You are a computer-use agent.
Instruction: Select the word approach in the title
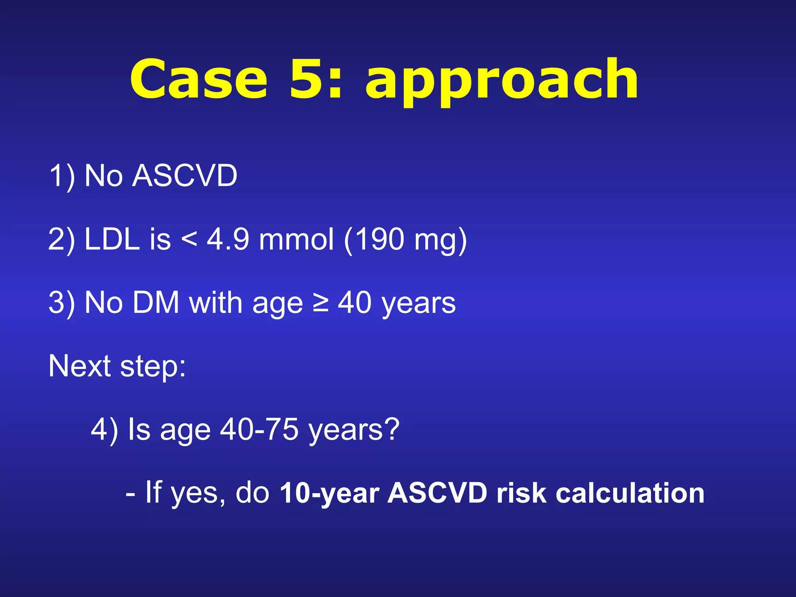point(501,82)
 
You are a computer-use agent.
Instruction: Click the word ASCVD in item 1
point(185,176)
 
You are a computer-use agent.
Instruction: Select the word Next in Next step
point(80,366)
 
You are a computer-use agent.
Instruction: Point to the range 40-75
point(259,429)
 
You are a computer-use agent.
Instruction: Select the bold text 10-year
point(329,494)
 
